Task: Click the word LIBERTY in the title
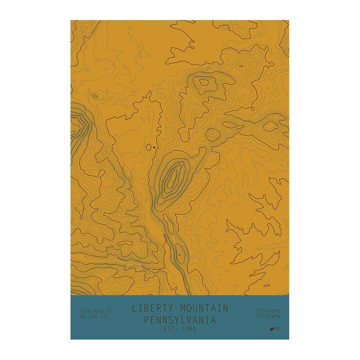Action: tap(154, 308)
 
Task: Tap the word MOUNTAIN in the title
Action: tap(204, 308)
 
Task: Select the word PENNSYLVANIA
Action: tap(180, 320)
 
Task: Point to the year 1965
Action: tap(188, 329)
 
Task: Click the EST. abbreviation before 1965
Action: tap(170, 329)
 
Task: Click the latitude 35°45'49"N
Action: tap(269, 311)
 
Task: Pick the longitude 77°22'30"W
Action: tap(269, 317)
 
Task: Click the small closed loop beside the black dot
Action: tap(149, 147)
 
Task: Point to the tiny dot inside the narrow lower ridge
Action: tap(179, 253)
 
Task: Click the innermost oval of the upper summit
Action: tap(204, 82)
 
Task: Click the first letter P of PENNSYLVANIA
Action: tap(147, 320)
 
